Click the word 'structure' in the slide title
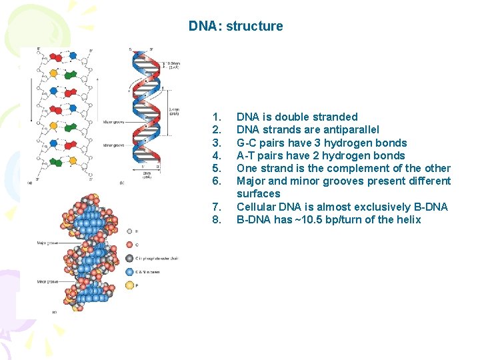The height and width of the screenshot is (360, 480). click(255, 27)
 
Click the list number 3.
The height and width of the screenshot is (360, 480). click(215, 143)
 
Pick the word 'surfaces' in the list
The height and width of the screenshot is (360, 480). click(259, 193)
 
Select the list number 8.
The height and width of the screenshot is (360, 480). click(215, 219)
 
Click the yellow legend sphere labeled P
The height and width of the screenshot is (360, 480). click(129, 285)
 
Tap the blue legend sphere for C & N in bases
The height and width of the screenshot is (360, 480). click(129, 271)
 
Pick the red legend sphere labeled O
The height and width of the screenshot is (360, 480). click(129, 244)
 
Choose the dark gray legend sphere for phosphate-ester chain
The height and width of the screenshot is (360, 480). click(129, 257)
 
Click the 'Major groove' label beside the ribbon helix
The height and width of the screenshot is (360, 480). click(112, 122)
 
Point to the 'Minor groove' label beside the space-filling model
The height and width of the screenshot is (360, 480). click(46, 281)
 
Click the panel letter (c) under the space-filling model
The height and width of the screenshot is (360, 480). click(54, 311)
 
